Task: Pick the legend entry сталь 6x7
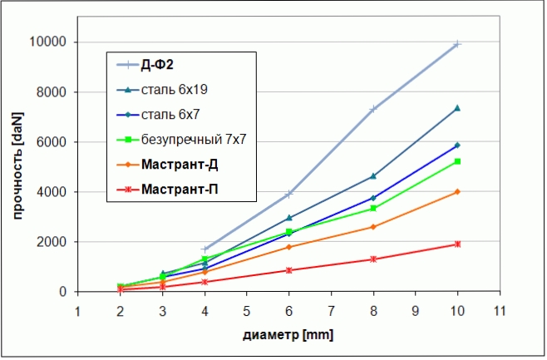click(x=170, y=114)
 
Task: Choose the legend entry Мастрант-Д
click(x=180, y=164)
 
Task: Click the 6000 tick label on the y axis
click(x=54, y=142)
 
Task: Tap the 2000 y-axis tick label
click(x=54, y=242)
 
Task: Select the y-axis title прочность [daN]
click(x=17, y=166)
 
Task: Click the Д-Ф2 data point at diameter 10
click(x=457, y=44)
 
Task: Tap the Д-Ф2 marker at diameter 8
click(x=373, y=109)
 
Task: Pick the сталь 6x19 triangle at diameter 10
click(x=457, y=108)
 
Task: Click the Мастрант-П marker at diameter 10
click(x=457, y=244)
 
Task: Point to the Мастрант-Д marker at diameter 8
click(x=373, y=227)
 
